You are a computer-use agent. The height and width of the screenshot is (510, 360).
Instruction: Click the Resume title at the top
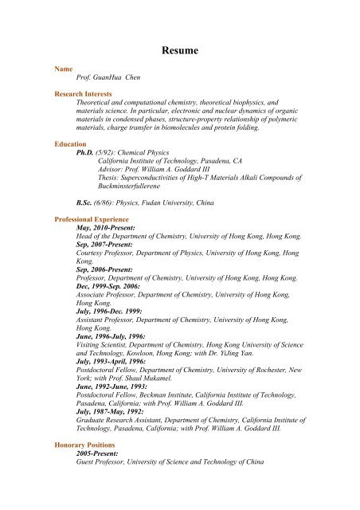pyautogui.click(x=179, y=50)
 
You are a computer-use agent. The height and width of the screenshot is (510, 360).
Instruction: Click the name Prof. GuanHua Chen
pyautogui.click(x=108, y=81)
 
